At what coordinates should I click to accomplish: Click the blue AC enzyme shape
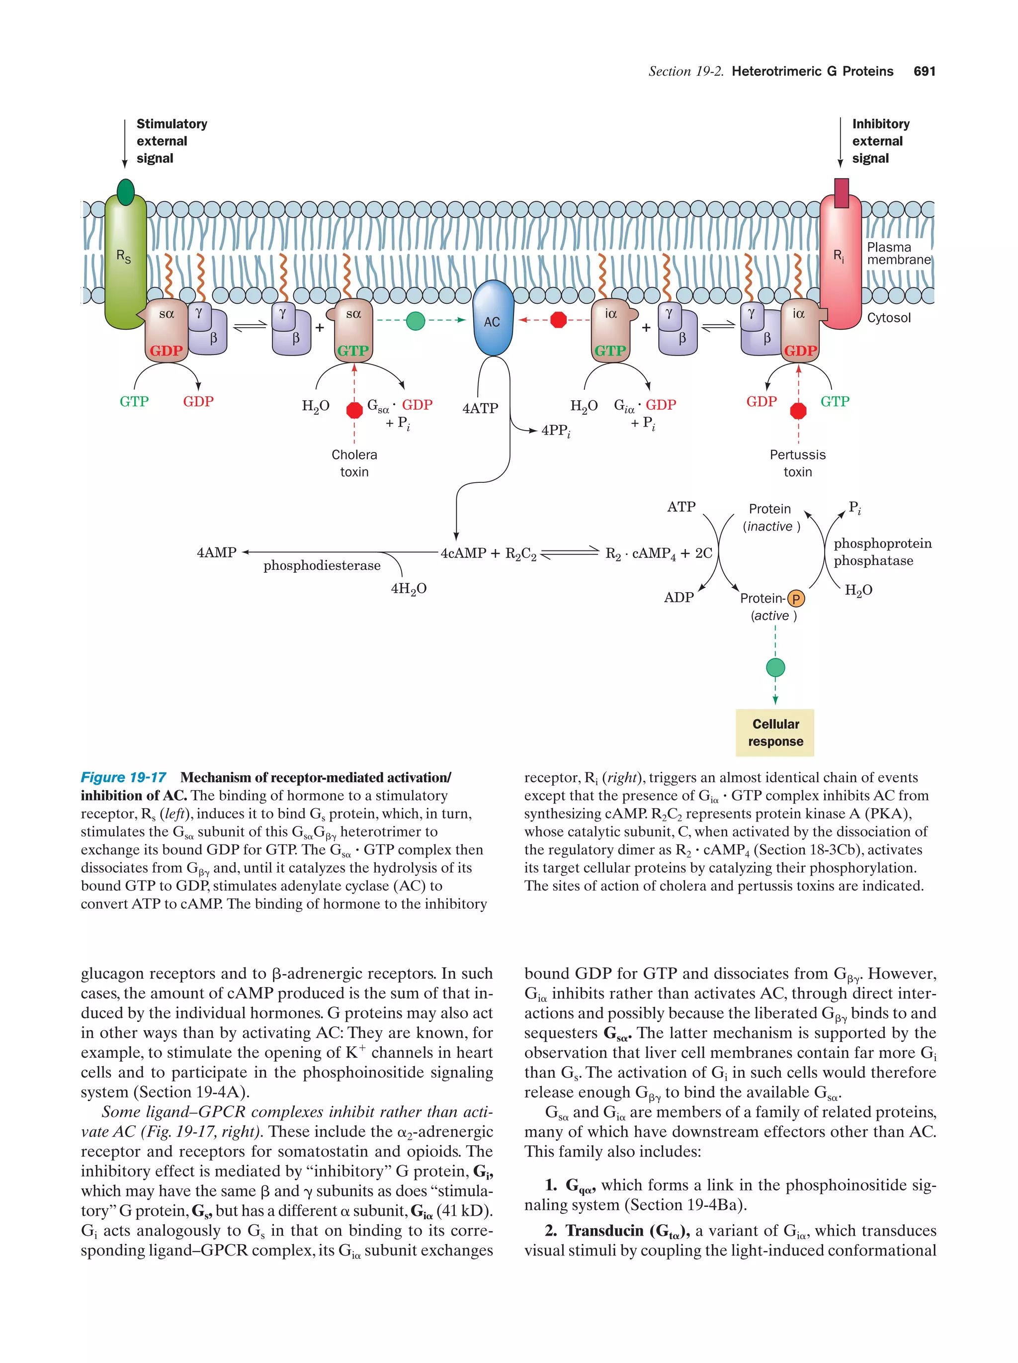click(492, 319)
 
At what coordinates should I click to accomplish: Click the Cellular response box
click(775, 732)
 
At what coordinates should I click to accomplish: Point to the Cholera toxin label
click(354, 463)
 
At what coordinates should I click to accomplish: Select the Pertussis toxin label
click(797, 463)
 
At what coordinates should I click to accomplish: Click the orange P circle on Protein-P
click(796, 598)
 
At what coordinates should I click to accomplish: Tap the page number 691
click(924, 72)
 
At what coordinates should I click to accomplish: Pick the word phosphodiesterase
click(322, 566)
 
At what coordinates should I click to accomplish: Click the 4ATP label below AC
click(480, 408)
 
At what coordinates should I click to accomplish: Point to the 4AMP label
click(216, 552)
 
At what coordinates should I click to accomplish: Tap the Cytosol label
click(888, 318)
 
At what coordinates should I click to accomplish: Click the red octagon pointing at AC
click(558, 320)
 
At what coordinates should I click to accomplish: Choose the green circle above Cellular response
click(775, 667)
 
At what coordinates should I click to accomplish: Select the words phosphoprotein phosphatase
click(882, 551)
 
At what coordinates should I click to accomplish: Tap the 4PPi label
click(556, 431)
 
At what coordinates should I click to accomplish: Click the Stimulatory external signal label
click(171, 141)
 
